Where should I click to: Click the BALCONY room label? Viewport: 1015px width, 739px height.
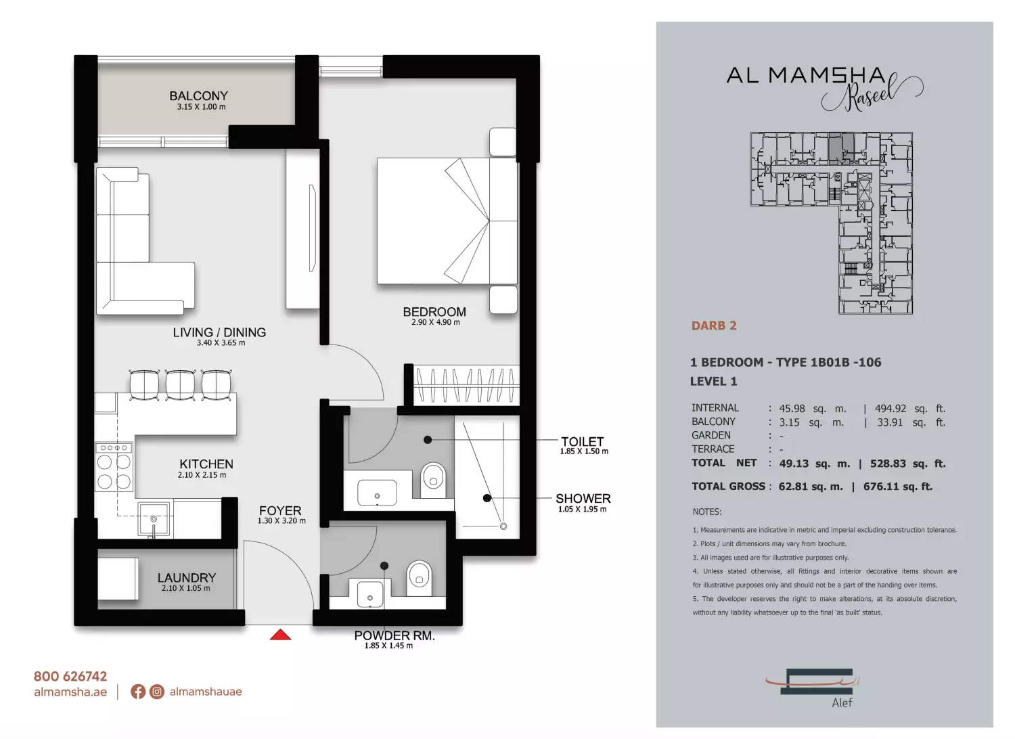(x=198, y=96)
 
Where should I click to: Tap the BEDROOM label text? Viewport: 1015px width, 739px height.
(x=434, y=312)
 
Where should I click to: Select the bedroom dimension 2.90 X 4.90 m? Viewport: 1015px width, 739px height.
(x=436, y=322)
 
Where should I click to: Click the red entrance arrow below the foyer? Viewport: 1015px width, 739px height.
(x=280, y=634)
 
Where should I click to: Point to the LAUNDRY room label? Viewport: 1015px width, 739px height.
(x=187, y=578)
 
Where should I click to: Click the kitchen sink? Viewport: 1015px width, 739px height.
(x=154, y=519)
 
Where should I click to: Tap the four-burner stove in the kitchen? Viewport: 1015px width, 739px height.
(x=114, y=467)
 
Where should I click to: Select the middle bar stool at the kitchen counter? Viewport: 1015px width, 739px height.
(x=180, y=384)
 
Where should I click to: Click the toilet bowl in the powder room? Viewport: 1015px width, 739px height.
(x=419, y=578)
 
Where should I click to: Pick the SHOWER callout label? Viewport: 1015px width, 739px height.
(x=583, y=498)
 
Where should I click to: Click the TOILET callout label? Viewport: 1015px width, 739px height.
(x=582, y=441)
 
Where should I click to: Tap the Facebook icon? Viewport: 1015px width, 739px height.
(x=138, y=692)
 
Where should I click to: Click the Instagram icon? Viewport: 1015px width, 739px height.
(x=157, y=692)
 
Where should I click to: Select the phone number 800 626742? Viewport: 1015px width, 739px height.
(x=70, y=676)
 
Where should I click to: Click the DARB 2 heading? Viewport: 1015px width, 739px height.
(x=714, y=326)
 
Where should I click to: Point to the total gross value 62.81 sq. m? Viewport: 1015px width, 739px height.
(x=811, y=486)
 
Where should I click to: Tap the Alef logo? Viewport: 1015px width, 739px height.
(x=816, y=687)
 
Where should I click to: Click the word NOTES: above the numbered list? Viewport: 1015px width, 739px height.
(x=707, y=512)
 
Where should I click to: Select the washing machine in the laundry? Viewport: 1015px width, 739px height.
(x=118, y=579)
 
